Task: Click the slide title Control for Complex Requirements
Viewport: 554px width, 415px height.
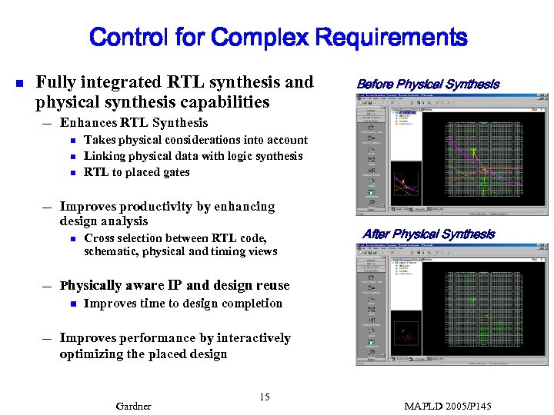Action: click(278, 37)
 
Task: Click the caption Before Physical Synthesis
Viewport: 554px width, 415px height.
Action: click(428, 85)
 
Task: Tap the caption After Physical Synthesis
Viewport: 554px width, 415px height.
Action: click(428, 234)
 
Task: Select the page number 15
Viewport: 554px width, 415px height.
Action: click(264, 397)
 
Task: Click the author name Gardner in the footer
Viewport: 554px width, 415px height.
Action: click(133, 406)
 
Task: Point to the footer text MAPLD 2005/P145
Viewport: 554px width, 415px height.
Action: click(448, 406)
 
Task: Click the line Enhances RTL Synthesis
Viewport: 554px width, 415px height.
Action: click(134, 122)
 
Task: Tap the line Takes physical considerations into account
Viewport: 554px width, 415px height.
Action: click(195, 140)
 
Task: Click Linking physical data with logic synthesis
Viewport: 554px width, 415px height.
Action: click(193, 156)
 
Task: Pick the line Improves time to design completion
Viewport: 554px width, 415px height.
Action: click(183, 303)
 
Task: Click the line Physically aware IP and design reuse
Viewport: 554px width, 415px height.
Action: click(175, 285)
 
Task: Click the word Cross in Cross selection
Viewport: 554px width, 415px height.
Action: click(98, 238)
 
